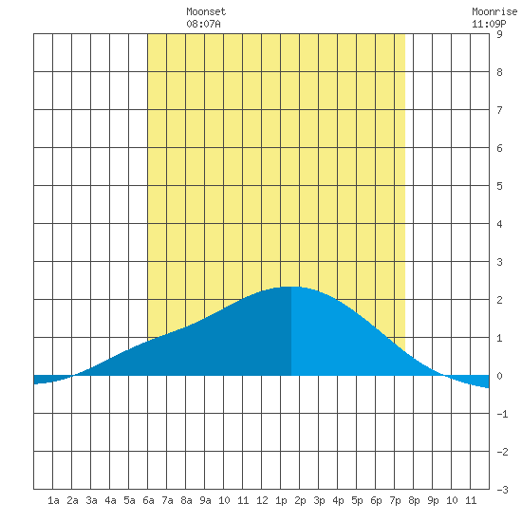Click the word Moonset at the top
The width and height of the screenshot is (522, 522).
coord(206,11)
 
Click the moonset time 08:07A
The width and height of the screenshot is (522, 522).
coord(203,24)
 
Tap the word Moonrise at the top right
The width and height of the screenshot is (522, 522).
coord(494,11)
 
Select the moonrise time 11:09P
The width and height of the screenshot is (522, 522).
coord(489,24)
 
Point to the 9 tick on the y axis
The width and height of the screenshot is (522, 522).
coord(499,34)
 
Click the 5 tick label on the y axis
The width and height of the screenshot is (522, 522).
coord(499,186)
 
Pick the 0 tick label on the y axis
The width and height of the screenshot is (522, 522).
coord(499,376)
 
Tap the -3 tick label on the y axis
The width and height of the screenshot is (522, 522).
coord(502,490)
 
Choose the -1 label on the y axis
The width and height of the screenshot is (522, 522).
coord(502,414)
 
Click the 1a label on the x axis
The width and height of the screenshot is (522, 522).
coord(53,500)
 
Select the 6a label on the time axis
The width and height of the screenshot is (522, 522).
coord(148,500)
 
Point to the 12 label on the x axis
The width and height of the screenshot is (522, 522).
coord(262,500)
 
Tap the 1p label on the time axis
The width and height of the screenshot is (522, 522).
coord(281,500)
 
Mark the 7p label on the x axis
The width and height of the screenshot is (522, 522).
coord(395,500)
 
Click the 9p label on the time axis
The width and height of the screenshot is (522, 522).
coord(433,500)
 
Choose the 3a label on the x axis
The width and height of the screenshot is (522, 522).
coord(91,500)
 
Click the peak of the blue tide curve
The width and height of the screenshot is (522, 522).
coord(290,287)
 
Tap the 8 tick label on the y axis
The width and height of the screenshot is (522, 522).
coord(499,72)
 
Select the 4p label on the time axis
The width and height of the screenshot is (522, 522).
coord(338,500)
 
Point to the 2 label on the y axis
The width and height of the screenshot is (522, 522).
coord(499,300)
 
